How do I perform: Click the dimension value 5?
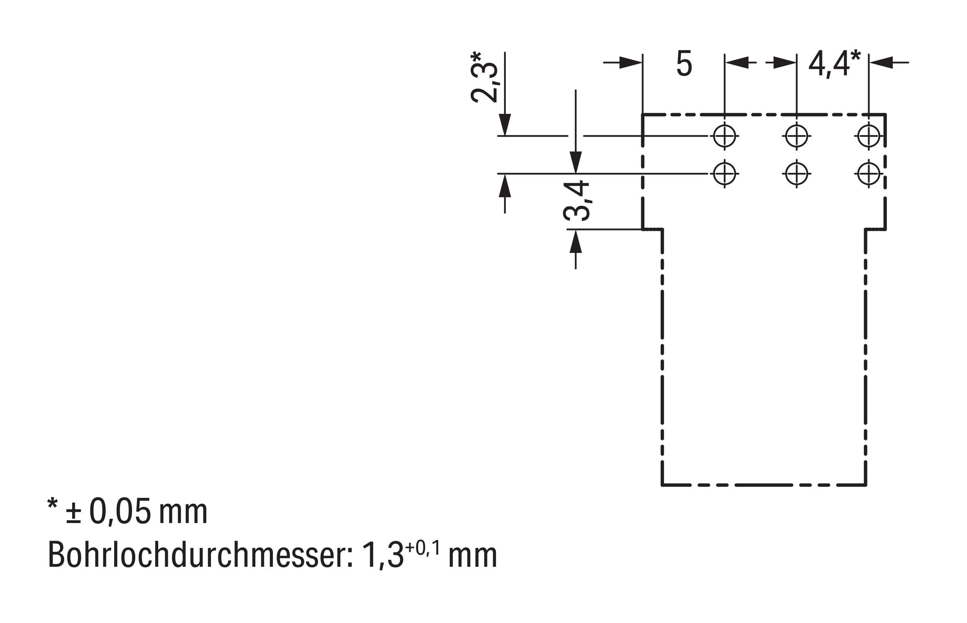click(x=684, y=64)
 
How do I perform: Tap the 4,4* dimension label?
click(x=834, y=64)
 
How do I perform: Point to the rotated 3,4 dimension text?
click(x=576, y=201)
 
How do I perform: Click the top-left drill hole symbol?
click(x=724, y=135)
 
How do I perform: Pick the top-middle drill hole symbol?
click(x=796, y=135)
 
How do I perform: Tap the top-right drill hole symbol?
click(x=868, y=135)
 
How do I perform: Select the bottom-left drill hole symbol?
click(x=724, y=174)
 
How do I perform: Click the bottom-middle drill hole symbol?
click(x=796, y=174)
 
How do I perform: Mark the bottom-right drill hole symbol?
click(x=868, y=174)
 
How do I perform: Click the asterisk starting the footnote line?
click(x=53, y=504)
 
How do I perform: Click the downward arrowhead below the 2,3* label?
click(x=504, y=125)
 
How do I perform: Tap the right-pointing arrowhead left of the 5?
click(x=631, y=62)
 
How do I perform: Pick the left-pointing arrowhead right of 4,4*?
click(x=880, y=62)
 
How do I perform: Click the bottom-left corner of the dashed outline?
click(x=662, y=485)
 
